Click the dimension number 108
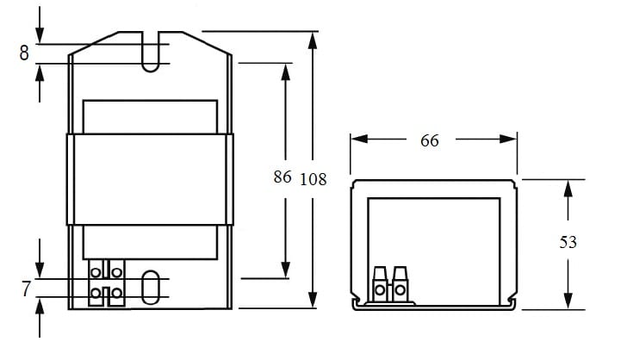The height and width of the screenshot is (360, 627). [313, 179]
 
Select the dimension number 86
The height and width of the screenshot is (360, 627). [282, 177]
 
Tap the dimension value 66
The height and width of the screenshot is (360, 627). [430, 140]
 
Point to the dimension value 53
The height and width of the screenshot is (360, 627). [568, 242]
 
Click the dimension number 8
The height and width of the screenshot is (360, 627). [24, 53]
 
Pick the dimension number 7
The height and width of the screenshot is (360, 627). [26, 289]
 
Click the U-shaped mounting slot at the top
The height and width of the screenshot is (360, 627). [151, 52]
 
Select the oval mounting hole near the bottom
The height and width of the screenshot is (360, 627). [151, 287]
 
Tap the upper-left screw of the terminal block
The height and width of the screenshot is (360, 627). [96, 272]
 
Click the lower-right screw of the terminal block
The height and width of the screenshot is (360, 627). [117, 293]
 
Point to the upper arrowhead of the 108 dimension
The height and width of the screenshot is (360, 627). [313, 40]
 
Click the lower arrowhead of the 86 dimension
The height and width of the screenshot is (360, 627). [286, 270]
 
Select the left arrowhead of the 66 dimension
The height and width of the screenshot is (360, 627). [359, 139]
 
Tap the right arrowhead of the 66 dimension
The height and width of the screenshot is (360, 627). [508, 139]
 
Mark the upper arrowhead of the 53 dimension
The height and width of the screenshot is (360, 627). [568, 189]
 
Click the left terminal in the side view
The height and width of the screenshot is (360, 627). [380, 284]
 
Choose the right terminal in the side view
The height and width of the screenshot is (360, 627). [400, 284]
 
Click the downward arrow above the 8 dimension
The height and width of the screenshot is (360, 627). [40, 24]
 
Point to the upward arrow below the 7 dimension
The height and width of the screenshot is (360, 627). [40, 318]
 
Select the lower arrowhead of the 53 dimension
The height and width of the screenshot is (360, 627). [568, 301]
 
